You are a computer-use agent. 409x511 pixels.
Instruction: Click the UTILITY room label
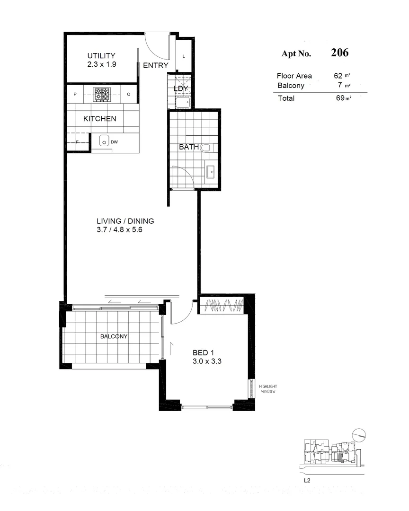pos(101,56)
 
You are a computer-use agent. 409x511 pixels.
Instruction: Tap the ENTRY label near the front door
pos(155,66)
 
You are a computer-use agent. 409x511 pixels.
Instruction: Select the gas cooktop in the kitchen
pos(101,94)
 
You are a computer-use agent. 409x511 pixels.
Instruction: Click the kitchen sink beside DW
pos(104,141)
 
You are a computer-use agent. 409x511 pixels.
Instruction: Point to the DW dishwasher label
pos(114,141)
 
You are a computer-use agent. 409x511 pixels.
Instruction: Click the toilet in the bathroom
pos(205,148)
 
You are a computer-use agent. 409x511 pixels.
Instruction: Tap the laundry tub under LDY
pos(182,102)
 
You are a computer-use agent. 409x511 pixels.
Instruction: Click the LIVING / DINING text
pos(125,221)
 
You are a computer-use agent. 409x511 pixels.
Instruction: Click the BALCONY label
pos(113,336)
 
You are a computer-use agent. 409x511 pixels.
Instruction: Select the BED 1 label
pos(204,352)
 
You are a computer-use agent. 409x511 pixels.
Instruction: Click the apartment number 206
pos(339,53)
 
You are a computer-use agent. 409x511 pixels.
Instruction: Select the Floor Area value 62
pos(338,76)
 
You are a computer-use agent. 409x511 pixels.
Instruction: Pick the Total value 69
pos(338,98)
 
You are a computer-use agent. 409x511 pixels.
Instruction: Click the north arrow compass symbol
pos(359,433)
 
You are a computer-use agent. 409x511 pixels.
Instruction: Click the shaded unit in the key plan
pos(340,457)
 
